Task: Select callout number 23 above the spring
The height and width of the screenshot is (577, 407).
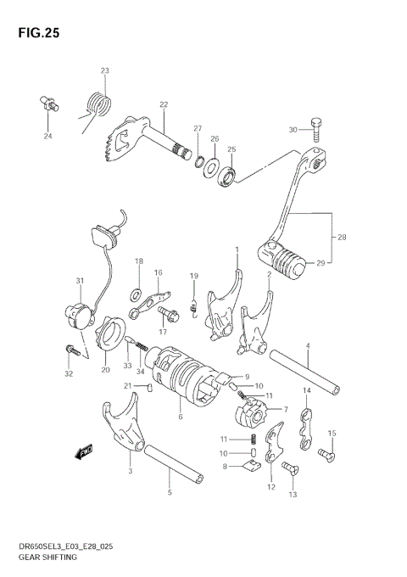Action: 104,70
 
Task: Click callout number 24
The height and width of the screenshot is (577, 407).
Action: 47,135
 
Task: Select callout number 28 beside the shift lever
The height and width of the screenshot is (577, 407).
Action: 343,237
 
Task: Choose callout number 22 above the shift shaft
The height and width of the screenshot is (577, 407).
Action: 164,104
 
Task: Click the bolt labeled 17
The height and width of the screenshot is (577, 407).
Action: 167,315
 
